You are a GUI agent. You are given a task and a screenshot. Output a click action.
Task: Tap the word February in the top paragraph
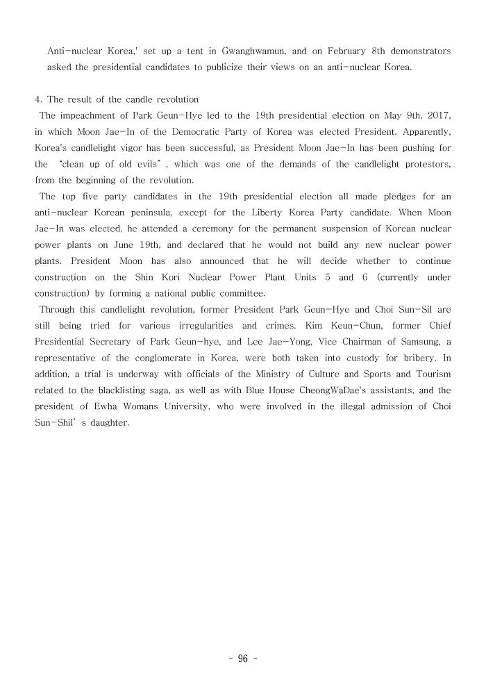353,51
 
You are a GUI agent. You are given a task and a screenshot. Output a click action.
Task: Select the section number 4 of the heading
37,99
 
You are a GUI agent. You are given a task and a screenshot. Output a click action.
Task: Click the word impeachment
82,115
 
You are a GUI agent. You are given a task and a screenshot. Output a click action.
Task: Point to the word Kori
165,277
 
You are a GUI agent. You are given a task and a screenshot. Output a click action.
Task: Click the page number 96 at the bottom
242,659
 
